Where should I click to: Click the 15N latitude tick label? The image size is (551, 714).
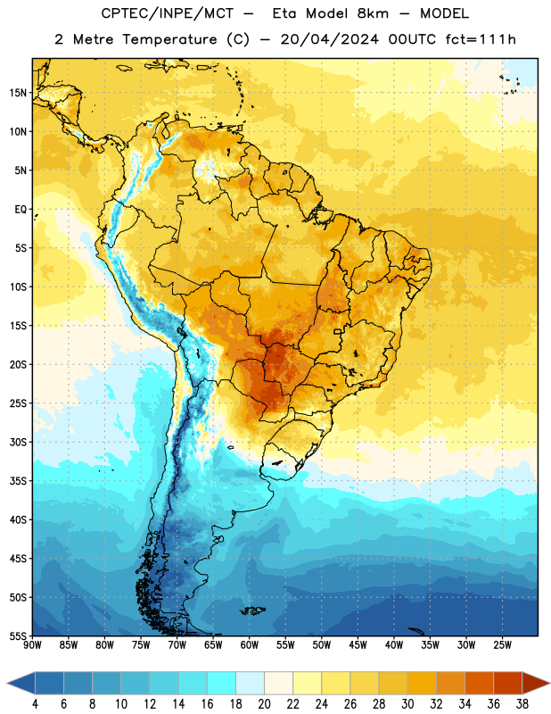click(x=18, y=93)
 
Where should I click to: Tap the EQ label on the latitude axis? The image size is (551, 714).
click(x=21, y=210)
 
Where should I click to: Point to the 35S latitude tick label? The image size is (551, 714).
click(x=18, y=481)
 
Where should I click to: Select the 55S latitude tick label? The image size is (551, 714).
click(x=18, y=635)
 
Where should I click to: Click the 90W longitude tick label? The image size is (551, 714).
click(x=32, y=644)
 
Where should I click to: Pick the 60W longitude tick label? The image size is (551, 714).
click(x=250, y=644)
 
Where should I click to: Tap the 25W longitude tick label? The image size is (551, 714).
click(x=502, y=644)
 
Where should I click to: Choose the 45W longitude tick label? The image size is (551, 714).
click(x=358, y=644)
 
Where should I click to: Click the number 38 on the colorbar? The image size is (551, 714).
click(x=522, y=704)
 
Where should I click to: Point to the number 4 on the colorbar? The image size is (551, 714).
click(x=35, y=704)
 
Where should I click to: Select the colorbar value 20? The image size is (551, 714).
click(x=264, y=704)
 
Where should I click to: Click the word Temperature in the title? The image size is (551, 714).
click(x=169, y=39)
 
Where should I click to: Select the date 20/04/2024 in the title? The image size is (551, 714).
click(x=330, y=39)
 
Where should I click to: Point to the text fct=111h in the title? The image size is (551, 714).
click(x=481, y=39)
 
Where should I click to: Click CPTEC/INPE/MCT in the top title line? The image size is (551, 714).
click(x=168, y=13)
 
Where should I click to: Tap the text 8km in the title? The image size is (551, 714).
click(x=373, y=13)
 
